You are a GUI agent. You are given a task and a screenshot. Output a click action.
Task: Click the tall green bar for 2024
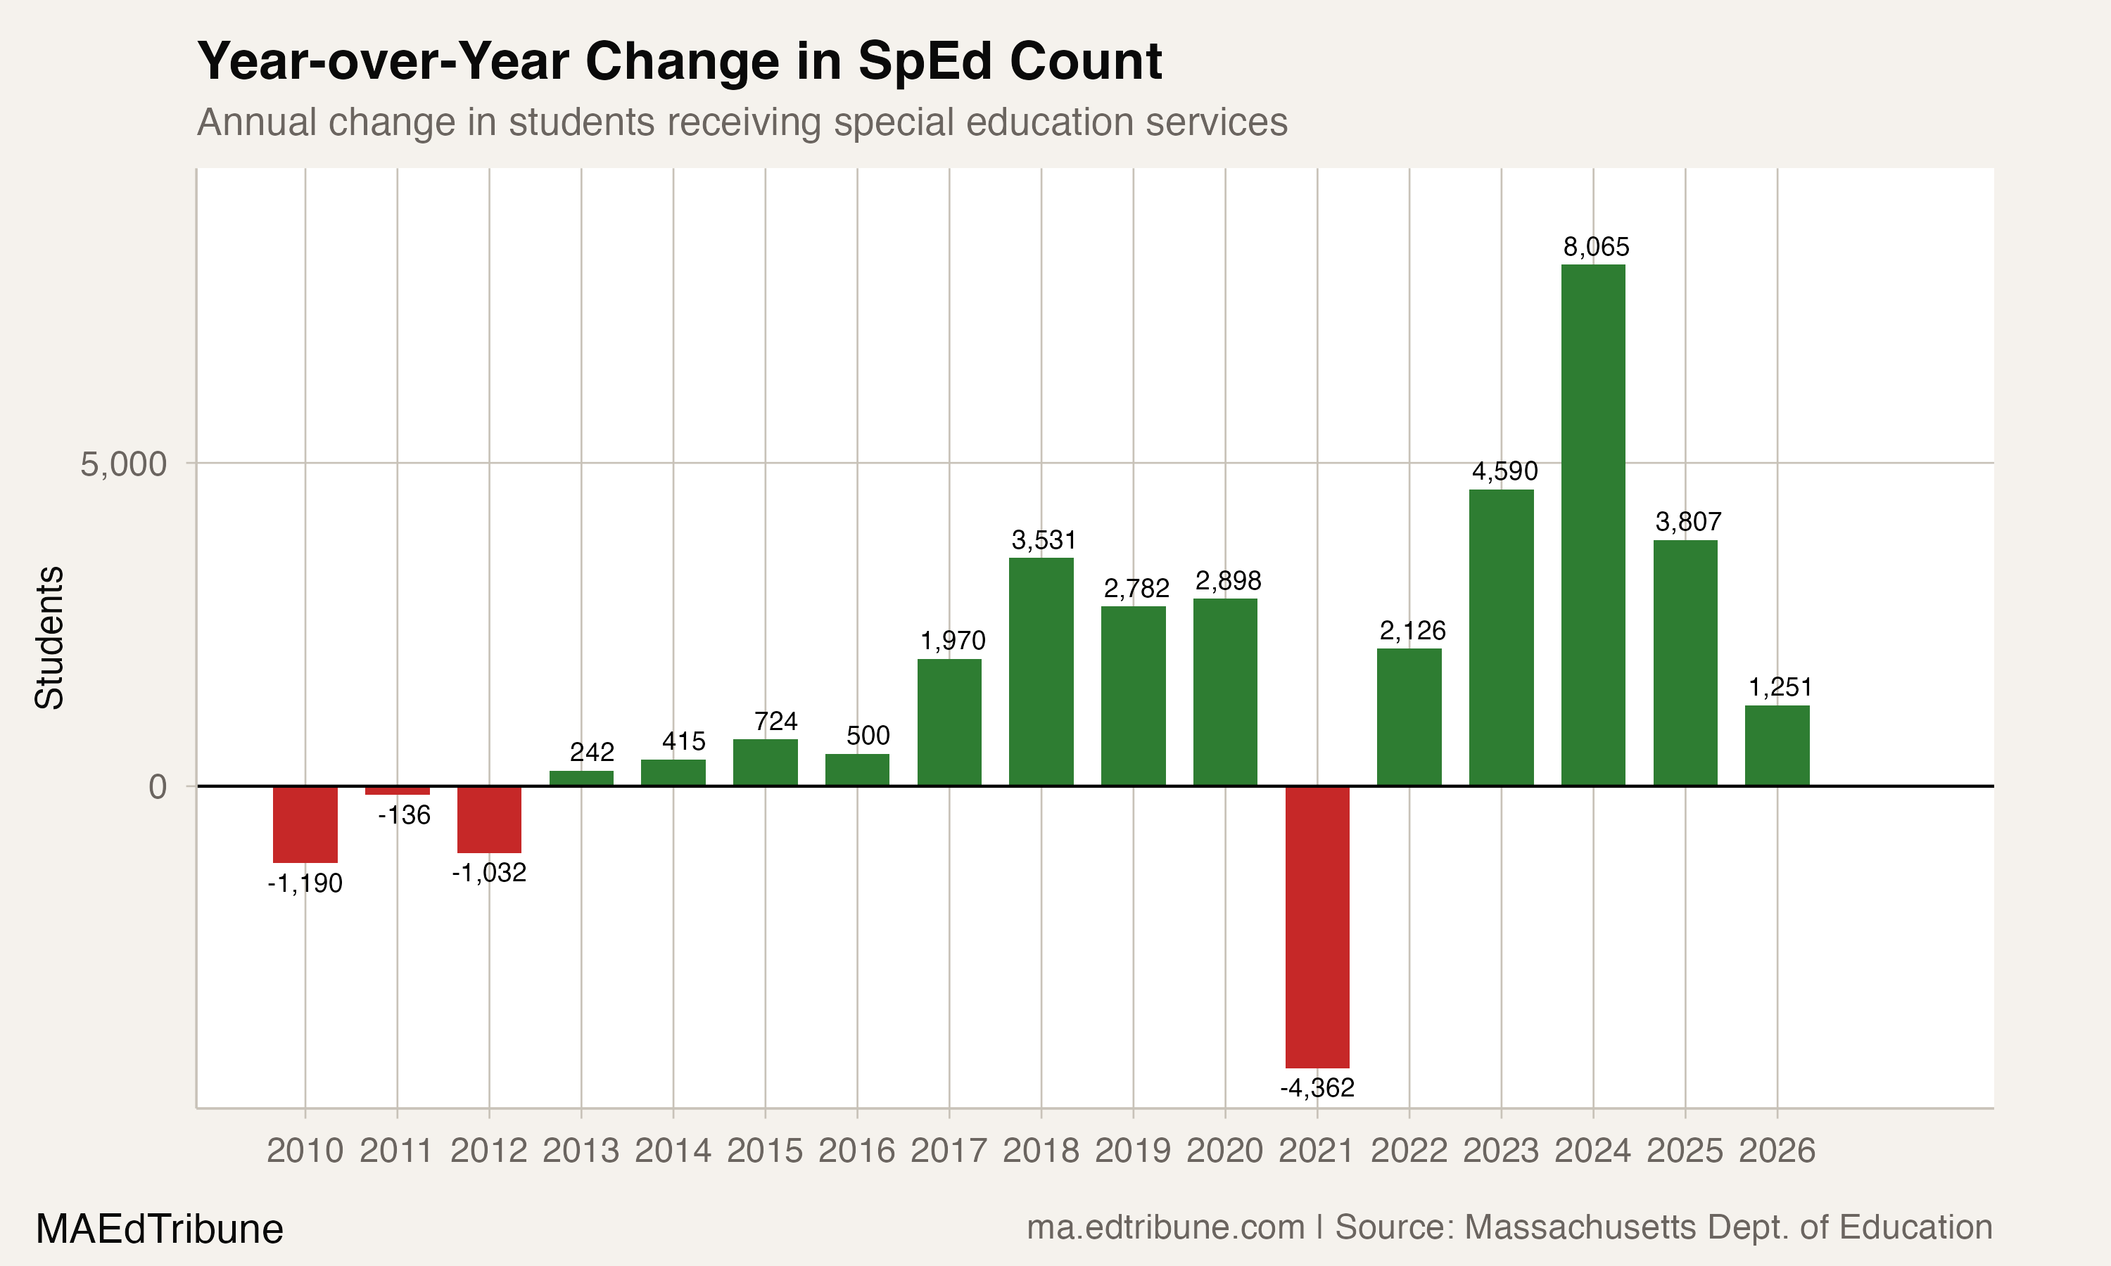(1593, 525)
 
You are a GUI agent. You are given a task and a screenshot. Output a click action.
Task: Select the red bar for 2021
(1317, 926)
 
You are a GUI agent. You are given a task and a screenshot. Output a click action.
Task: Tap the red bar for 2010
(305, 824)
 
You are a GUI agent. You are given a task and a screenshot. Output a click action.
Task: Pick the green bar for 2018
(1041, 672)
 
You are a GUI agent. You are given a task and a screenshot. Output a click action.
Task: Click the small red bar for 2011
(397, 790)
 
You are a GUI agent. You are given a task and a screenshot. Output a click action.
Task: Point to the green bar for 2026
(1777, 745)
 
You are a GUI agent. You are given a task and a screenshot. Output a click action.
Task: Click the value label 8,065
(1596, 248)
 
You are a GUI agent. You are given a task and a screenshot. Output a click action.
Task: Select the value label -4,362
(1317, 1087)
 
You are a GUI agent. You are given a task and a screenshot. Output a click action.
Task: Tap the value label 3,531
(1044, 540)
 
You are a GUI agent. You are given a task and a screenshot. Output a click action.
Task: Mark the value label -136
(404, 816)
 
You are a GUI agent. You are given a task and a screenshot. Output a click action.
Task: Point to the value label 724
(775, 722)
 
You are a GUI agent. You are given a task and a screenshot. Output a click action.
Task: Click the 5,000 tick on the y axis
(123, 464)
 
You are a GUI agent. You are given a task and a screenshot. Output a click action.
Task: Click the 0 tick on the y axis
(157, 786)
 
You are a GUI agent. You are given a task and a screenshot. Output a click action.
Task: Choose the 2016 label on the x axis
(856, 1151)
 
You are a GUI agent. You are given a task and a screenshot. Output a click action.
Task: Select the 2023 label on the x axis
(1501, 1151)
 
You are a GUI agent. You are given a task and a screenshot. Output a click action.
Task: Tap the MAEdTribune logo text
(159, 1229)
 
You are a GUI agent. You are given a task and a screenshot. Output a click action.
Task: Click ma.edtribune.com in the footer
(1165, 1227)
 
